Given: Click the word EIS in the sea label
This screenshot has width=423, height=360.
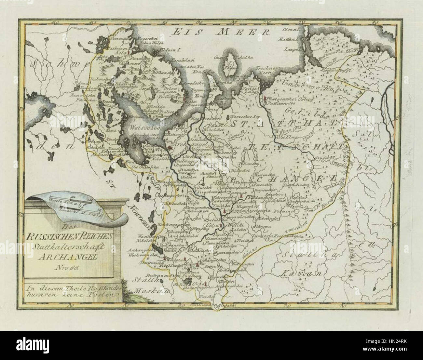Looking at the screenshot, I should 185,32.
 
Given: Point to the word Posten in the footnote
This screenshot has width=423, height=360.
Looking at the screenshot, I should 104,294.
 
